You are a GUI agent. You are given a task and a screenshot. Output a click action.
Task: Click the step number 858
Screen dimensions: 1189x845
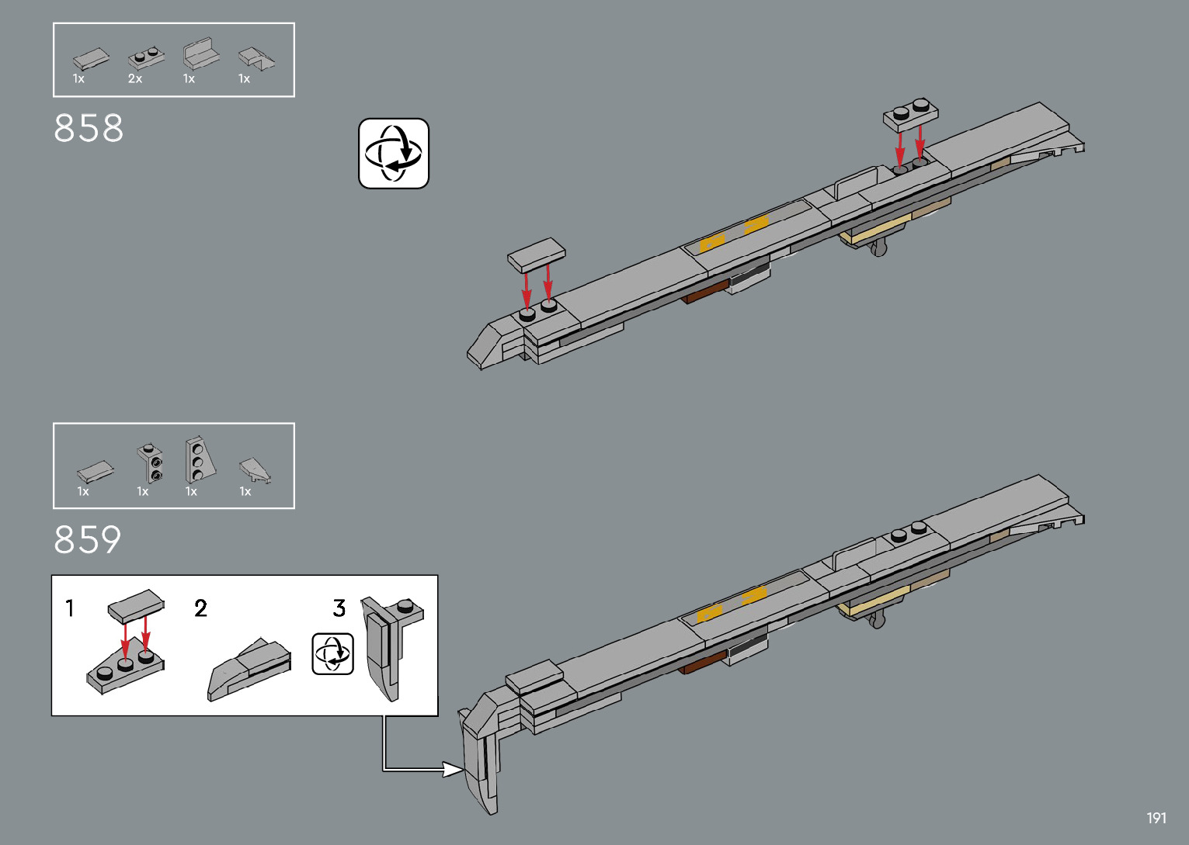(x=89, y=129)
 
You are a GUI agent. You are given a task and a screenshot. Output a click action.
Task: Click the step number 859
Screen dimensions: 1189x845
(x=88, y=540)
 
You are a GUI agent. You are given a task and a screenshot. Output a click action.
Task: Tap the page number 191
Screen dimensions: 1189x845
(x=1156, y=818)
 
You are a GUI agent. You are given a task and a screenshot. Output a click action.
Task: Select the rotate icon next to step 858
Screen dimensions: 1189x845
(x=394, y=154)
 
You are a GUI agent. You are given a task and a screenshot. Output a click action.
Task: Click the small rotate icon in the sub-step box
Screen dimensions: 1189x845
(x=332, y=654)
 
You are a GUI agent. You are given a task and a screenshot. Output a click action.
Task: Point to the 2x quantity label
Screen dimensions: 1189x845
(x=135, y=79)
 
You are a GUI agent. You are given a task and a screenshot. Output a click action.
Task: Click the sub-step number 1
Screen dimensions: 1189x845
(x=70, y=608)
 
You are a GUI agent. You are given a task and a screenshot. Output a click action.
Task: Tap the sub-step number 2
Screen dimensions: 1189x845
(x=201, y=608)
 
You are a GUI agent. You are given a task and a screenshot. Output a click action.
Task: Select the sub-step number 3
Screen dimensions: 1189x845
(x=339, y=608)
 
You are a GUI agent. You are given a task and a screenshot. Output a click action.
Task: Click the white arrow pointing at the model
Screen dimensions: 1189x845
(x=450, y=769)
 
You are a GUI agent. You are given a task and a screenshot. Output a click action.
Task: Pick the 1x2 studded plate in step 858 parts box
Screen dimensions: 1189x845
(x=146, y=57)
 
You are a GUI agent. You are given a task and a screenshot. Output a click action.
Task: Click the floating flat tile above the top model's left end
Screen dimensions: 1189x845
(x=536, y=255)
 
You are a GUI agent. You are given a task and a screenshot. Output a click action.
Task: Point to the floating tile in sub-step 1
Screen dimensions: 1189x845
(x=137, y=605)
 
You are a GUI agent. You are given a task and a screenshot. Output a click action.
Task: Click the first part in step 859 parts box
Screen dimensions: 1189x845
(x=96, y=471)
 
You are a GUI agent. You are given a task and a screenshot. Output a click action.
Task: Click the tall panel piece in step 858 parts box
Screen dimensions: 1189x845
(x=200, y=54)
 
